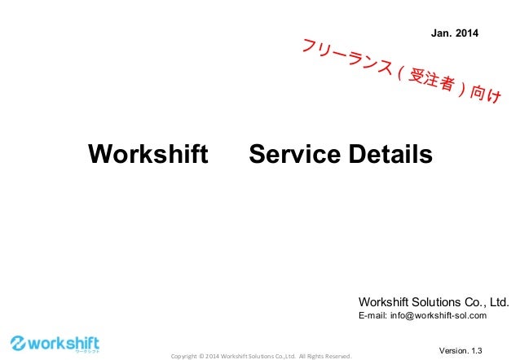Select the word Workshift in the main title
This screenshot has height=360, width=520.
coord(148,154)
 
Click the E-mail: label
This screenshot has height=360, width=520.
coord(377,316)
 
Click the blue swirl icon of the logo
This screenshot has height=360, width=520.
coord(19,343)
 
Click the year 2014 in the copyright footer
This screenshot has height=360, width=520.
coord(211,356)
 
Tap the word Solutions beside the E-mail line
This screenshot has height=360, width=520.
coord(452,301)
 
